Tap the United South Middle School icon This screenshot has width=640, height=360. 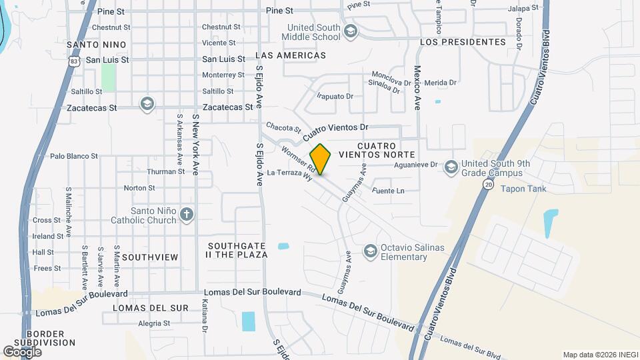pos(351,31)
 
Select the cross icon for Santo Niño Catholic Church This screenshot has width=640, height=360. pos(187,215)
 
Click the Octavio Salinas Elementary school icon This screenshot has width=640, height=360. pos(369,251)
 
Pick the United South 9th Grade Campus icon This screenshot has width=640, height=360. pos(451,167)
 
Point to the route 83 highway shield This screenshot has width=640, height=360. pos(73,60)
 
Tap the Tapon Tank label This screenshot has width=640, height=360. pos(524,189)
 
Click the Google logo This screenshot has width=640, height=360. pos(22,351)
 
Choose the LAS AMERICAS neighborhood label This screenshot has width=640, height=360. pos(290,55)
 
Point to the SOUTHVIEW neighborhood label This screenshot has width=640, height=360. pos(150,257)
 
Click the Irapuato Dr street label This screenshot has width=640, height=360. pos(335,96)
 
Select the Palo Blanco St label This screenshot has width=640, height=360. pos(74,156)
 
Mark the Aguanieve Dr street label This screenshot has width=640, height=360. pos(415,165)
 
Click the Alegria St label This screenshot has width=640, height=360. pos(154,323)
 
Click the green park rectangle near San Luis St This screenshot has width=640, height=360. pos(108,78)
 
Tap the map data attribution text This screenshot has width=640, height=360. pos(598,355)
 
